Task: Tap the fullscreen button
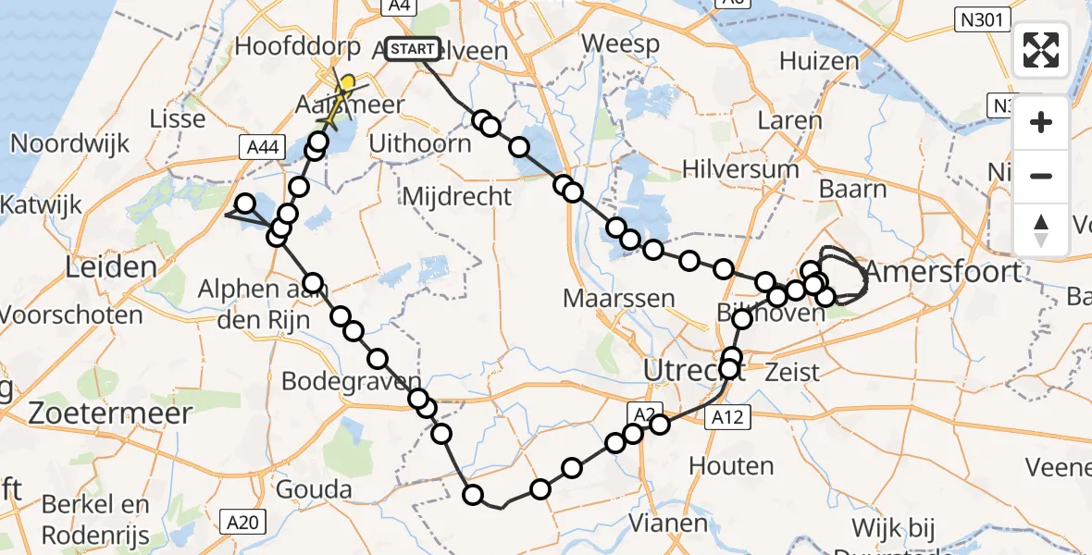tap(1041, 50)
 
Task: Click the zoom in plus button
tap(1041, 122)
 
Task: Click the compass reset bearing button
tap(1041, 228)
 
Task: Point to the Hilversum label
tap(739, 168)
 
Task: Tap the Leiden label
tap(111, 268)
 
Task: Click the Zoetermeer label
tap(110, 413)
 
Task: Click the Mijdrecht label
tap(457, 195)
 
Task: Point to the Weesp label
tap(621, 43)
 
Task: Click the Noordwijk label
tap(70, 144)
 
